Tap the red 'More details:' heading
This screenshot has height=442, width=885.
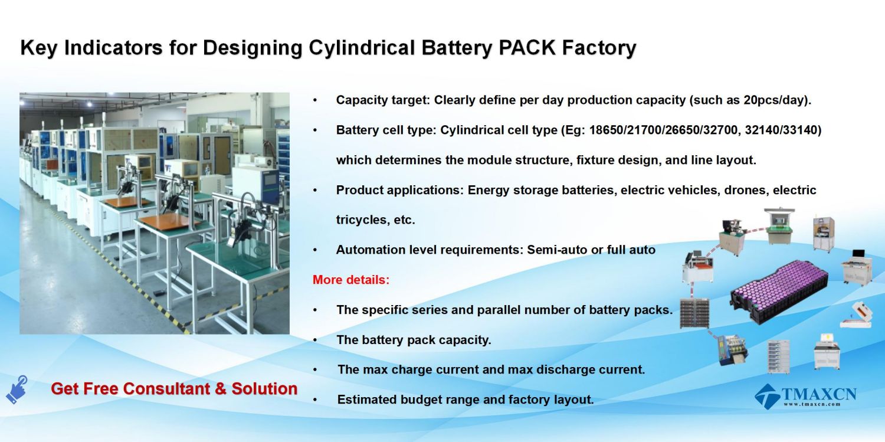point(351,280)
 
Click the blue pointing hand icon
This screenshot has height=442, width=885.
point(17,389)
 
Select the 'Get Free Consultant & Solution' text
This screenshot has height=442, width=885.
point(174,389)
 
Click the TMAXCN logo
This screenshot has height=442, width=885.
point(805,396)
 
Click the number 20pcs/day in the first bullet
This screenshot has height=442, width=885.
point(773,100)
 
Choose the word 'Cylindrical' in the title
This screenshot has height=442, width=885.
point(362,48)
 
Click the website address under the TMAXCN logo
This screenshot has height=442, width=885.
point(811,404)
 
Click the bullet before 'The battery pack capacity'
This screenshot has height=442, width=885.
point(315,340)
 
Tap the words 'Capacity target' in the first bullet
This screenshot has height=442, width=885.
point(382,100)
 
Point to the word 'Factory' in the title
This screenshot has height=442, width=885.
point(599,48)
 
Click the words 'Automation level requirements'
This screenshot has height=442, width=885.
point(430,250)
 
